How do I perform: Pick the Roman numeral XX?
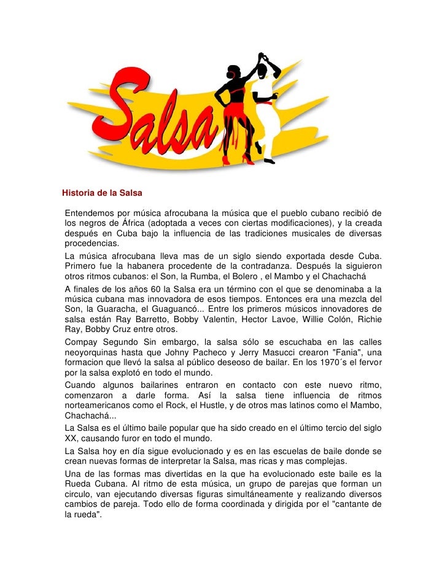click(71, 438)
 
